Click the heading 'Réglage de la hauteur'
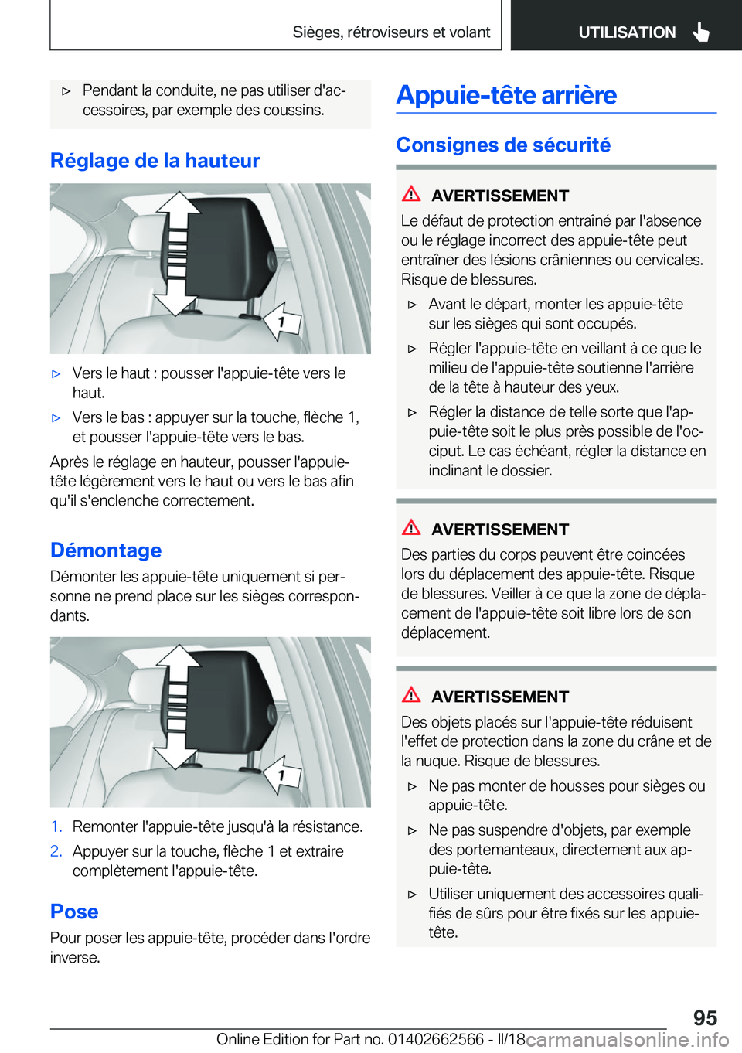155,161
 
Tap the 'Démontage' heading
106,550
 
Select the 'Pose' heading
74,912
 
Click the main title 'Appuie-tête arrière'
506,95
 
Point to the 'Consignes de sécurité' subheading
503,145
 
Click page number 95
705,1017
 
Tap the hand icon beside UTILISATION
701,32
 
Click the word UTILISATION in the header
627,32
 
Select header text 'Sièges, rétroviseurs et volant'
391,32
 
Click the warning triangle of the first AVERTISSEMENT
411,194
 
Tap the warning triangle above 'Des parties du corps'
411,528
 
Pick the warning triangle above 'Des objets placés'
411,695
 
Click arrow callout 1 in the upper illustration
281,322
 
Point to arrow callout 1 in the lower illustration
281,775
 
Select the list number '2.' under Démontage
56,851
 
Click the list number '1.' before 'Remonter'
56,827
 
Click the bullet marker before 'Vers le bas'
56,418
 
